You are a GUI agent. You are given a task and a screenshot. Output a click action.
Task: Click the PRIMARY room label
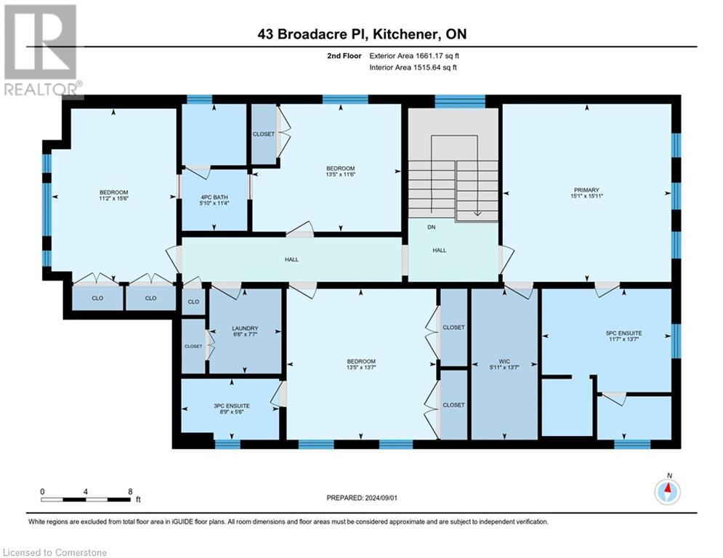point(586,190)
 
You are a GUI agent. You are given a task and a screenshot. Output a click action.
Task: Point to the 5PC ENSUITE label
point(623,333)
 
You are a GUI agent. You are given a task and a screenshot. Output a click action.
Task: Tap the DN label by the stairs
point(432,227)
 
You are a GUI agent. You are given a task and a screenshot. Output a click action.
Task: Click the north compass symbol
point(666,492)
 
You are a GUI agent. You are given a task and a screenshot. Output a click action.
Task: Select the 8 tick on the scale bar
point(129,492)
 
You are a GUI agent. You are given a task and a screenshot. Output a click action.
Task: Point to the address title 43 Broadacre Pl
point(361,33)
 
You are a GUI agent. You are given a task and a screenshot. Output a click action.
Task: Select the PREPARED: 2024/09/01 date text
point(363,498)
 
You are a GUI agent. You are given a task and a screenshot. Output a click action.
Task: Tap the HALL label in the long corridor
point(291,259)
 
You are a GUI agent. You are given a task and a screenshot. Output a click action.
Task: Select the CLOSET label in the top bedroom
point(263,134)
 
